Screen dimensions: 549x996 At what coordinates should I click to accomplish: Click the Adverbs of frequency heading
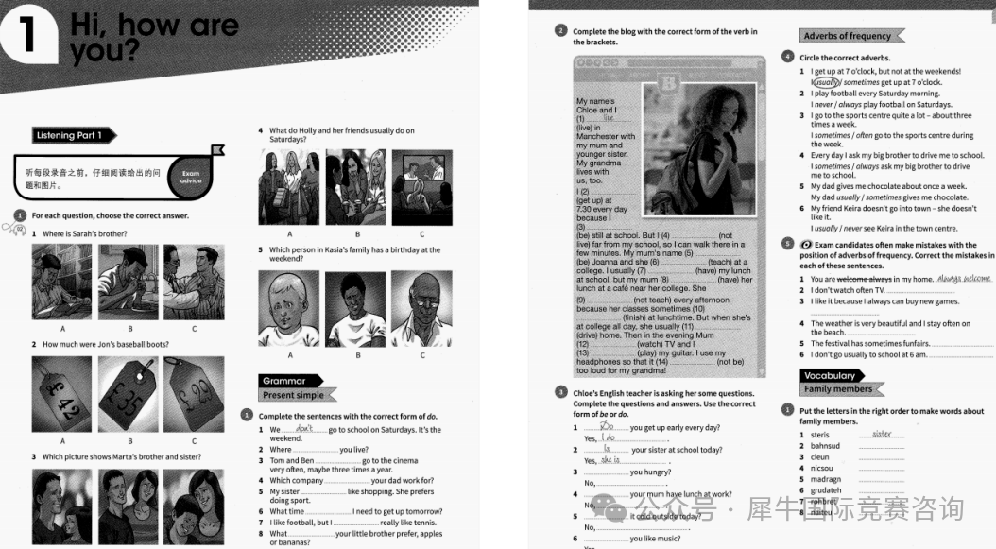847,36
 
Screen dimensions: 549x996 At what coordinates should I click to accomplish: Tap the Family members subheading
838,388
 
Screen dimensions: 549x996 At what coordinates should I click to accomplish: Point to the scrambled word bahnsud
825,446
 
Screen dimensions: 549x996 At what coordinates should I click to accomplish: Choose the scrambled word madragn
825,479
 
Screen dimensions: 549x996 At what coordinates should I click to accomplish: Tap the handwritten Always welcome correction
964,279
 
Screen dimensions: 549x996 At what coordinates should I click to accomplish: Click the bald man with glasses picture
422,308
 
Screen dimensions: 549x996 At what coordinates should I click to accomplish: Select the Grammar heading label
284,381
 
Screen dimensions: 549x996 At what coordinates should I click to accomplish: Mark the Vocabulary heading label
828,375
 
